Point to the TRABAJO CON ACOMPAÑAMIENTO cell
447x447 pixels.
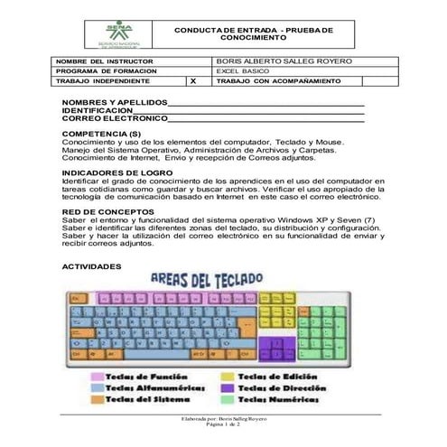279,81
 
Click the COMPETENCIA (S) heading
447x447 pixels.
100,134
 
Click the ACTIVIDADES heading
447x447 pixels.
89,268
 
